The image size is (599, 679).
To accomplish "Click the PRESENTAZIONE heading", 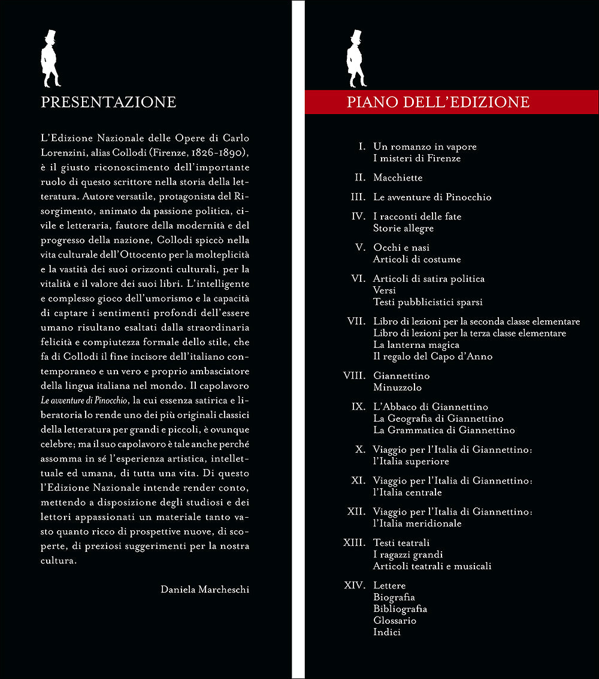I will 108,103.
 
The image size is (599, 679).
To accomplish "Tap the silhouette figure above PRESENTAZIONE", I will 50,59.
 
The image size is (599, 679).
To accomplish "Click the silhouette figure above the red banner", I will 356,59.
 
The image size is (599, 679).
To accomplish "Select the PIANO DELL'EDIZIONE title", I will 438,103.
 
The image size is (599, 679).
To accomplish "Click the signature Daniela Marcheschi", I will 205,590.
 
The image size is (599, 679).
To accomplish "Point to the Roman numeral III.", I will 358,197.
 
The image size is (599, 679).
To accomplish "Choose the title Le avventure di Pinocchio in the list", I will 432,197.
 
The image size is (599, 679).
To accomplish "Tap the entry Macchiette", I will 398,178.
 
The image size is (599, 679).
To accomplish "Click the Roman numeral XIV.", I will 355,585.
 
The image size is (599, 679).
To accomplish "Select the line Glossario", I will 394,621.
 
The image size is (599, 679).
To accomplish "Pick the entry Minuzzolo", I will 397,388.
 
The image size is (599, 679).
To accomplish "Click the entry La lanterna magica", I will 416,345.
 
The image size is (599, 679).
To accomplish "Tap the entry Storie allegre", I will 403,229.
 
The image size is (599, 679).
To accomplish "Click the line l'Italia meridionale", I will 417,524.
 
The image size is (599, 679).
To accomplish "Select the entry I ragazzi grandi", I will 408,555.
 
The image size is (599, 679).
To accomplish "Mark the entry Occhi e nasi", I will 401,248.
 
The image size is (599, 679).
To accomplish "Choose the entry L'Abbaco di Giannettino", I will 430,407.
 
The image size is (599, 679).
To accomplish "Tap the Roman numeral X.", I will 361,450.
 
